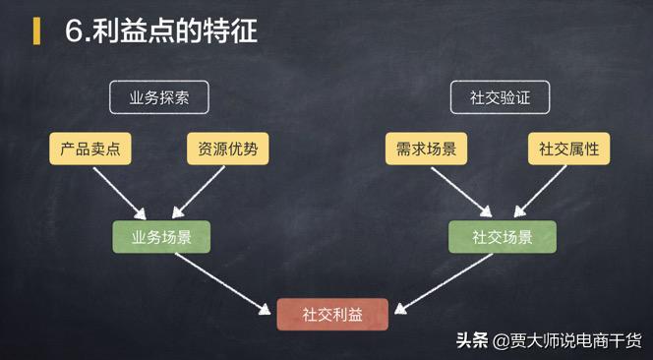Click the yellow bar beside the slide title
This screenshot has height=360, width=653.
tap(36, 30)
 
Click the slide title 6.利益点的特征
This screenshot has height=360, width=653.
tap(161, 30)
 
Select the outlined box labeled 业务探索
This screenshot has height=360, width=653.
tap(159, 97)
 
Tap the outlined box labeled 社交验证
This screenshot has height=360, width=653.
tap(500, 97)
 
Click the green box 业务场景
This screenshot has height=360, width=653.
tap(161, 237)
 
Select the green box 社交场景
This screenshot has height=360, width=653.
tap(502, 237)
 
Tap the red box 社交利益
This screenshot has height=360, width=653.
tap(332, 314)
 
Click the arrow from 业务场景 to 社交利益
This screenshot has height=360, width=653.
tap(222, 283)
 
